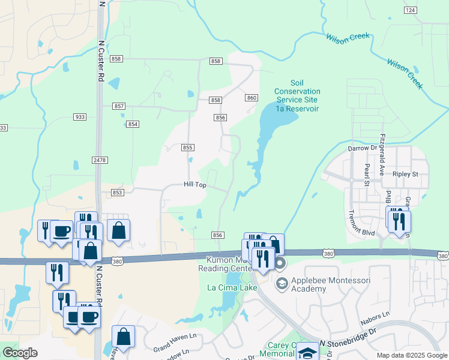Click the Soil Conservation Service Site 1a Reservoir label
coord(297,95)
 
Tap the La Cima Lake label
coord(232,288)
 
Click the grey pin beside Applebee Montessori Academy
coord(281,283)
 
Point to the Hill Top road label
coord(195,185)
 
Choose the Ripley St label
coord(405,174)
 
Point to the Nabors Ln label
coord(376,317)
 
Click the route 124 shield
coord(410,11)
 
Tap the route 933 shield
coord(80,116)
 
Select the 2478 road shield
coord(100,160)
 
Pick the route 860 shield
coord(252,97)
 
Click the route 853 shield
coord(118,192)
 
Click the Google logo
coord(20,353)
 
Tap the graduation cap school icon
coord(308,352)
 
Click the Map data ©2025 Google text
coord(412,355)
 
